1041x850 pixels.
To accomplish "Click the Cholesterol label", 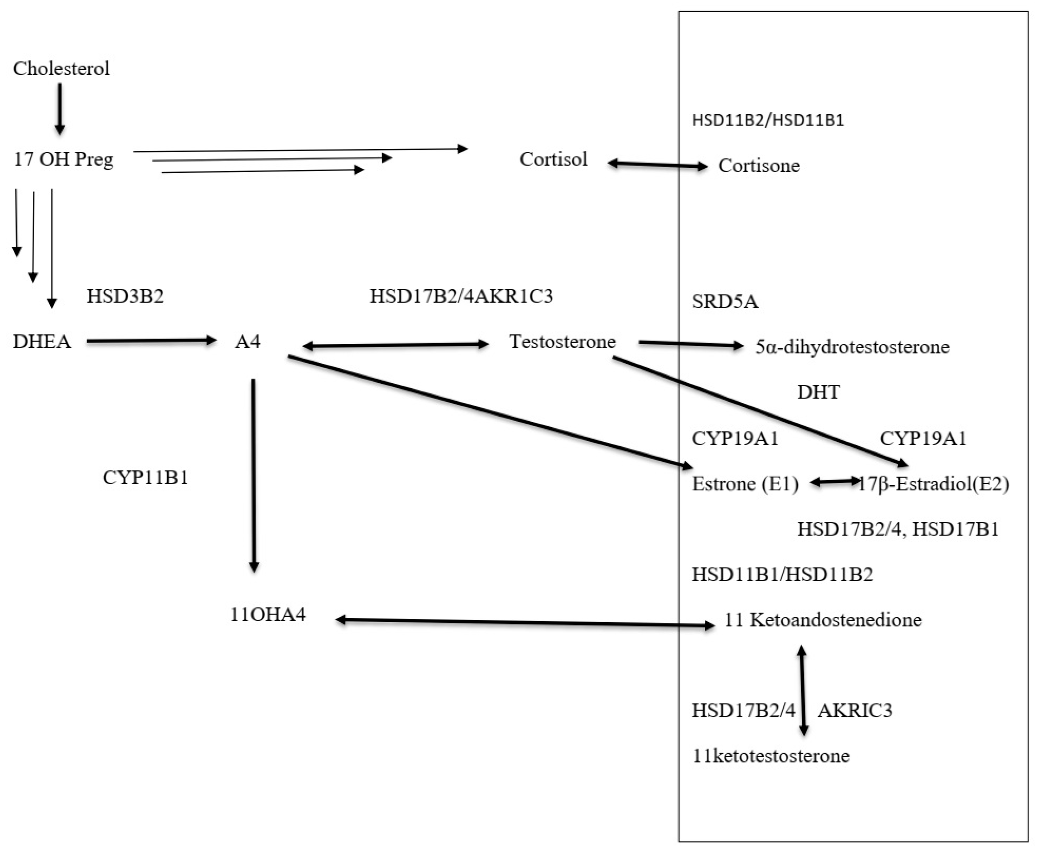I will pos(61,68).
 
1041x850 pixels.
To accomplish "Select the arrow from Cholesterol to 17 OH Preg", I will pos(60,109).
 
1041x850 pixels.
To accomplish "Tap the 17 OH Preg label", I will pos(63,160).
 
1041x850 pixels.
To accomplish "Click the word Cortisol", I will pos(553,160).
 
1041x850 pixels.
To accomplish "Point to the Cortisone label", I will pos(758,166).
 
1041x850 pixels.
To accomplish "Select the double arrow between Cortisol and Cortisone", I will pos(657,165).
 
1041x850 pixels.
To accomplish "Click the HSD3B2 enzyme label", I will pos(125,296).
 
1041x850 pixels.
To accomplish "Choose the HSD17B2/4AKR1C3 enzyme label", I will pos(461,296).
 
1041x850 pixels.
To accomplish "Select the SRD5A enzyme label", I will pos(725,302).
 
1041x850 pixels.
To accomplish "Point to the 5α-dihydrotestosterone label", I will pos(852,347).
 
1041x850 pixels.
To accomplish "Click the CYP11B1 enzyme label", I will pos(146,478).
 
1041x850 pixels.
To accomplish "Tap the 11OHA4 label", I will pos(268,615).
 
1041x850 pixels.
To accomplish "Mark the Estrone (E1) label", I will pos(744,484).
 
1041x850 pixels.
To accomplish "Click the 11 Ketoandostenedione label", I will pos(823,620).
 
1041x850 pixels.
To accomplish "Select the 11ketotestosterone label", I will pos(770,756).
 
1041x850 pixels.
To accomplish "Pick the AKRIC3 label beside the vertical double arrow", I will pos(854,711).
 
